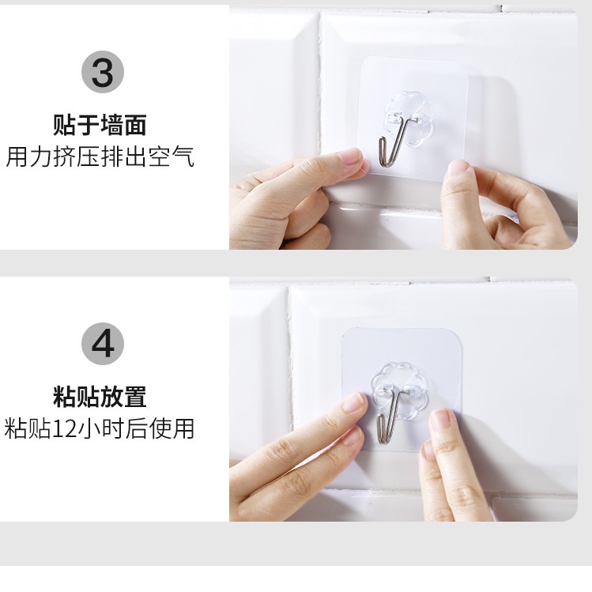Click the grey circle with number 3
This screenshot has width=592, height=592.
click(x=103, y=73)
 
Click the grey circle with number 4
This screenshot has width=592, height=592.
click(x=103, y=345)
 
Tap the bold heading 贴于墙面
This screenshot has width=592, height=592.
click(x=100, y=125)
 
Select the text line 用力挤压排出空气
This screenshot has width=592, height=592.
click(x=100, y=156)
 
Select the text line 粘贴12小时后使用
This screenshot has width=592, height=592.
click(x=100, y=428)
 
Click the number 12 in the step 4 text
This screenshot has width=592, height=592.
click(x=62, y=429)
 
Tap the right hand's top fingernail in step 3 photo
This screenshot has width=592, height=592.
click(x=458, y=168)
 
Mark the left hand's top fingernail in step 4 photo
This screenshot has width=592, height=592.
click(x=356, y=402)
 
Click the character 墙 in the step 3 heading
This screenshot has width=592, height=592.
click(x=111, y=125)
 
